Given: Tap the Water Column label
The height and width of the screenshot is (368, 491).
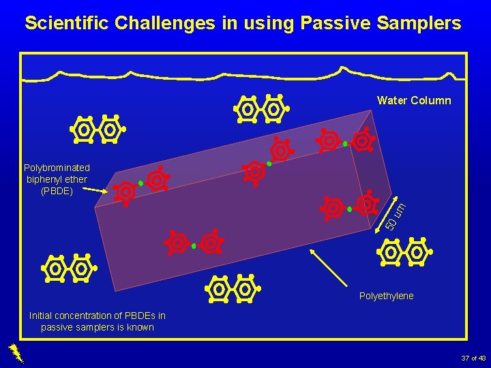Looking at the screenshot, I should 414,101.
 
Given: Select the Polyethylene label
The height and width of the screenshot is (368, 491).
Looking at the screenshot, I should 386,296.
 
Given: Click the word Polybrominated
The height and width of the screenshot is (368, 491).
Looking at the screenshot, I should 57,168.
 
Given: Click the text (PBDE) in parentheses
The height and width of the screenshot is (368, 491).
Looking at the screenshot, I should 57,190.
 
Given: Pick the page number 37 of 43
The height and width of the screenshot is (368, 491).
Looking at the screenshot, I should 473,358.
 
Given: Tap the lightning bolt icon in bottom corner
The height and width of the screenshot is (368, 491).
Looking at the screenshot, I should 16,352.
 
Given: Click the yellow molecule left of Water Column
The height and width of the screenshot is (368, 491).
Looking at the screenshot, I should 261,109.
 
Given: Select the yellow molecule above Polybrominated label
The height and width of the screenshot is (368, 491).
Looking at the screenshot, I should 96,129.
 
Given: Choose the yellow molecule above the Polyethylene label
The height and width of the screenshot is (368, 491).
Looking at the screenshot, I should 404,253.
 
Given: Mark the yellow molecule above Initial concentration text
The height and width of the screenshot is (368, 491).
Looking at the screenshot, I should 68,269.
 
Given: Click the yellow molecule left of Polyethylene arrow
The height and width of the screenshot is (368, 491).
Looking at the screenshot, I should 232,289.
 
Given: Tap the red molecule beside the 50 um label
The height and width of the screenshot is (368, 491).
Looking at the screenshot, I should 350,207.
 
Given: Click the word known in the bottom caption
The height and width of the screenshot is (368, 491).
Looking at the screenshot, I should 139,327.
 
